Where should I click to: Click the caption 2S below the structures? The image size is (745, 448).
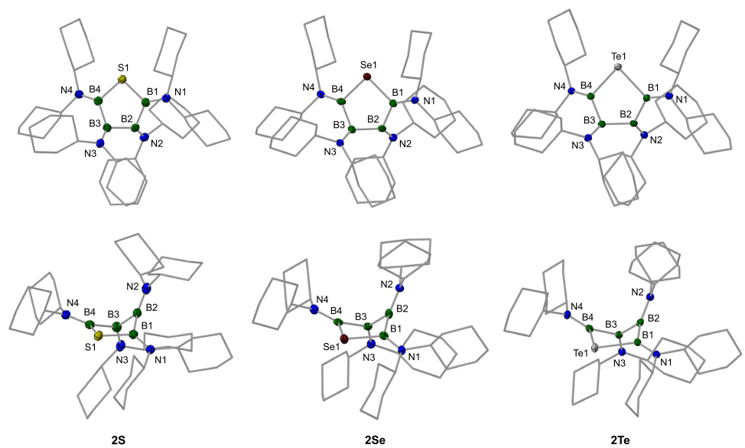pos(119,440)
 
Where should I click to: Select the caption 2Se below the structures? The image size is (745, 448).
pos(376,440)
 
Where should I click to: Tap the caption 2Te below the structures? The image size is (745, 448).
pos(620,440)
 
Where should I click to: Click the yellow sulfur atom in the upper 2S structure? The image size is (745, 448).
pos(122,79)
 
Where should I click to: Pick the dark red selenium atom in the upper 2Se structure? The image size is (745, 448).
pos(367,76)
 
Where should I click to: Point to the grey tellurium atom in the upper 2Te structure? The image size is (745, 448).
pos(618,67)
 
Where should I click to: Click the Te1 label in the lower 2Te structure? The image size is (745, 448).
pos(581,353)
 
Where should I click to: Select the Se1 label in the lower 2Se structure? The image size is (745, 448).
pos(331,347)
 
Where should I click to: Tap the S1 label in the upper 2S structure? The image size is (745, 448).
pos(123,67)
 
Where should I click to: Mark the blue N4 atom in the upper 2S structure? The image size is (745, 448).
pos(79,93)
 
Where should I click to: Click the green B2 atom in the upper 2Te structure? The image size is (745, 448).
pos(633,123)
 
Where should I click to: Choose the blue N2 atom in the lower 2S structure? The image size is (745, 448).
pos(145,288)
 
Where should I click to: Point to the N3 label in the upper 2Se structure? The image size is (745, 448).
pos(330,152)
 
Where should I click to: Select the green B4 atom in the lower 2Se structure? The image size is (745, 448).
pos(338,322)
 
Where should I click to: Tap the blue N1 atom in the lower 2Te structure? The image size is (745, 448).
pos(656,355)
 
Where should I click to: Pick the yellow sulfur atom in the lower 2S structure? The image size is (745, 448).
pos(99,336)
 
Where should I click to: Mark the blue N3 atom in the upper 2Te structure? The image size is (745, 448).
pos(588,138)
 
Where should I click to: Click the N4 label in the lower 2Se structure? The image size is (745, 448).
pos(323,299)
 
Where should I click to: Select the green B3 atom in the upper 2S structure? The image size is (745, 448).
pos(107,127)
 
